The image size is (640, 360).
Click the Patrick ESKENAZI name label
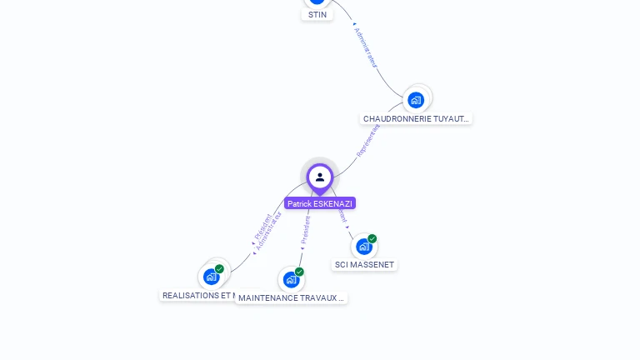click(320, 203)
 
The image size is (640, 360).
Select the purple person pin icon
click(320, 177)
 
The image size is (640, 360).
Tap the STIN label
click(317, 14)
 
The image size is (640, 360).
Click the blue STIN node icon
click(317, 2)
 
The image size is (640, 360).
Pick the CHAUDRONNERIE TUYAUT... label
click(417, 118)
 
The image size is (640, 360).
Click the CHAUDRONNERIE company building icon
click(416, 100)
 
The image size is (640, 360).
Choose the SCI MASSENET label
click(364, 265)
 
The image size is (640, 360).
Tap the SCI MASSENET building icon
click(363, 247)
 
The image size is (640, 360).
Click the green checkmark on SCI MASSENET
click(372, 238)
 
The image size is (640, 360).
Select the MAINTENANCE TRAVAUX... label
click(291, 297)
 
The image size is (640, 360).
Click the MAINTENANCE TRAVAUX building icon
click(290, 279)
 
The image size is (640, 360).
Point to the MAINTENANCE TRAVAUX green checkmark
click(299, 272)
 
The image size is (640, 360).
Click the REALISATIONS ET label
click(197, 295)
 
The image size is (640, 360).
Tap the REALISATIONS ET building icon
click(211, 276)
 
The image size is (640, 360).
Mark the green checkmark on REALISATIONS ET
click(219, 268)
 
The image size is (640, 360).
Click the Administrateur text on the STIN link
click(366, 47)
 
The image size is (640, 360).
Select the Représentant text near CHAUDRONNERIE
click(368, 140)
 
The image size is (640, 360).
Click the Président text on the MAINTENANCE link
click(306, 230)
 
